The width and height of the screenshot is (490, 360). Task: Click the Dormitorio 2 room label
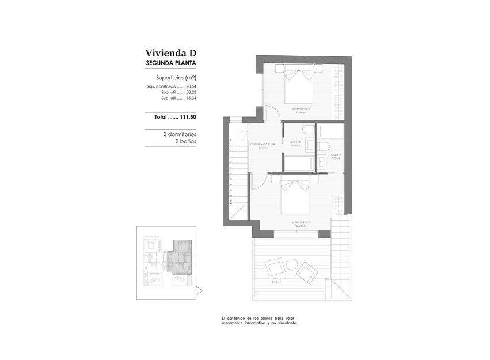point(301,110)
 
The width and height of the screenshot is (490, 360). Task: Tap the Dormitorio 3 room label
point(301,223)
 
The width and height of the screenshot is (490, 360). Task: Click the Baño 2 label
point(295,143)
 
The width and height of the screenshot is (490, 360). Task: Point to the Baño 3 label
point(336,155)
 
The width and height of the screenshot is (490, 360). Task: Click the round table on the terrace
point(292,265)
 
